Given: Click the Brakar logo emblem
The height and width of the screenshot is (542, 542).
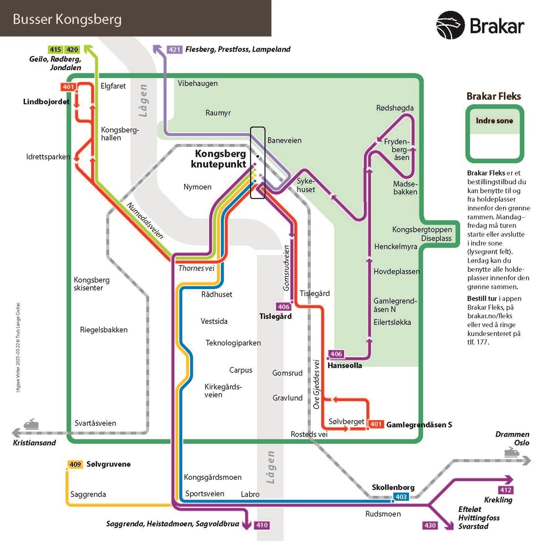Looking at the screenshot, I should [x=450, y=25].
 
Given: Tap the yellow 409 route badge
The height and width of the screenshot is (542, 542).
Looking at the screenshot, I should [x=75, y=464].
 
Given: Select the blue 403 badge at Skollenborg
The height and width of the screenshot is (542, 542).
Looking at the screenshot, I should [x=401, y=497].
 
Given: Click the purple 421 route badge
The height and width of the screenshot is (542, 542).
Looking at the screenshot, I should [x=174, y=50].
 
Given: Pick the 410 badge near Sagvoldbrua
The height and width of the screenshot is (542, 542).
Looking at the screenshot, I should [x=262, y=525].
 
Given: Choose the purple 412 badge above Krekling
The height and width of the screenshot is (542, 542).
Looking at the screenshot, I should [x=505, y=490].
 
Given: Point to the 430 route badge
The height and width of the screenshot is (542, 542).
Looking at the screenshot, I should [x=430, y=525].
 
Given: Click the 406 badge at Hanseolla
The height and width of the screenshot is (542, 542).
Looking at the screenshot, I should [x=336, y=354].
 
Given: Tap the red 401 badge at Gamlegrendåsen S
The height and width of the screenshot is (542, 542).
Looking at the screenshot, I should [x=376, y=424].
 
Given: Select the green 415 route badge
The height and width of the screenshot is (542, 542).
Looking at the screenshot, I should [x=56, y=50].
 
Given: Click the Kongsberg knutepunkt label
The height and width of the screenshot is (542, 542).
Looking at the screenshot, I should [x=220, y=159].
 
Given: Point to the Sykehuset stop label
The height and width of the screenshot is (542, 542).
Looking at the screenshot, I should [x=306, y=185].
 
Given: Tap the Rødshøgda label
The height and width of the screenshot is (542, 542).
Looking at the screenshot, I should [x=395, y=108].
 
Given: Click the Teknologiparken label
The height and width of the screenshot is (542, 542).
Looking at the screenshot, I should [x=233, y=343].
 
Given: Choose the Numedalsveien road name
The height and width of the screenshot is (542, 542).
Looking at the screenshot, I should [x=145, y=220].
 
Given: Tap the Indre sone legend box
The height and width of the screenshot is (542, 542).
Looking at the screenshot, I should [x=495, y=134].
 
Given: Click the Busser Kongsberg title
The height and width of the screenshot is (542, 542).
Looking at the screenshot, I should [x=67, y=19].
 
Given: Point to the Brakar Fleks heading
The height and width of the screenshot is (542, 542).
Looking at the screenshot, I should [x=494, y=96].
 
